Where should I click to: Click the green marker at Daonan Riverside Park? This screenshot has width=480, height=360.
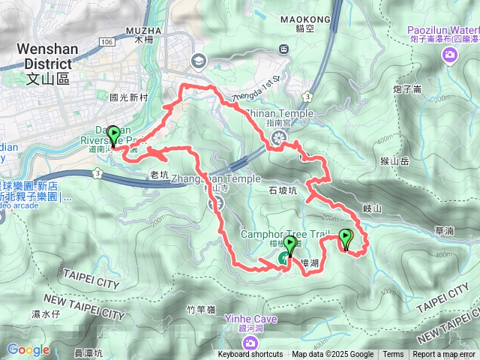(x=114, y=135)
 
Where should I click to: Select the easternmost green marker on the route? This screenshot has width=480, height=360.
(x=346, y=238)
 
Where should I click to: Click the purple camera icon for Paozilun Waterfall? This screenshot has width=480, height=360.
(x=449, y=52)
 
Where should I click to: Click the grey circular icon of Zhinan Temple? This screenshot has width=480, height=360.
(x=279, y=136)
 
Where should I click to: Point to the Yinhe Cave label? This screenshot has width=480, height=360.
(x=250, y=319)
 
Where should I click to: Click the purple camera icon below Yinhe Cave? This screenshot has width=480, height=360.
(x=250, y=343)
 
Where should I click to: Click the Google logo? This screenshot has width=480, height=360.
(x=28, y=349)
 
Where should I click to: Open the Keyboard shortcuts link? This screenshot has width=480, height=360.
(x=250, y=355)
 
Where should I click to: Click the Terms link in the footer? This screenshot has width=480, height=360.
(x=393, y=355)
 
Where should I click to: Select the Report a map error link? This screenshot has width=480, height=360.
(x=445, y=355)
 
